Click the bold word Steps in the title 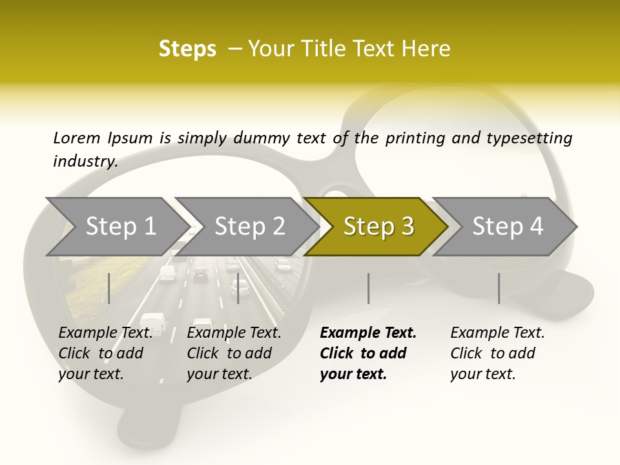click(x=187, y=49)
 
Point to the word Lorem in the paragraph click(x=77, y=138)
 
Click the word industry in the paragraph click(x=85, y=161)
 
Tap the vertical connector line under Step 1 click(x=109, y=288)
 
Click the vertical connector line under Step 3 click(x=369, y=288)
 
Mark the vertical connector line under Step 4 click(x=499, y=288)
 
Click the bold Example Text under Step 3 click(x=368, y=333)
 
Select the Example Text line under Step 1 click(x=105, y=333)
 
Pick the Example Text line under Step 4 click(x=497, y=333)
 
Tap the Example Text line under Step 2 click(x=234, y=333)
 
